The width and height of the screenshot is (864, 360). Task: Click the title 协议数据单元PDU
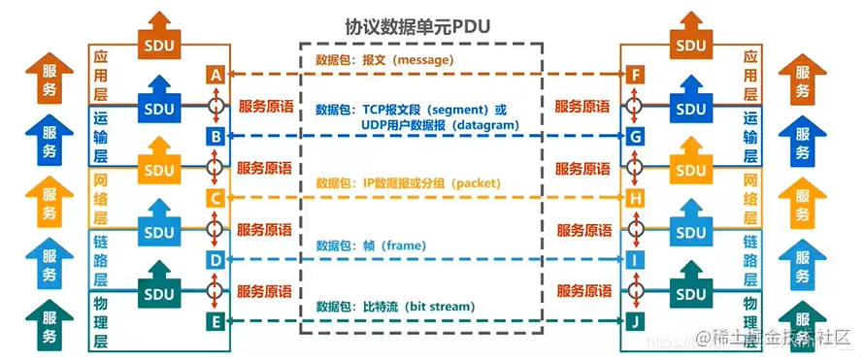416,26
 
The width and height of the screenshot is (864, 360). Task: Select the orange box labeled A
216,75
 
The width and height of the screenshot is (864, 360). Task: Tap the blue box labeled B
216,136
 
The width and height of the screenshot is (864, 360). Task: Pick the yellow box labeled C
216,198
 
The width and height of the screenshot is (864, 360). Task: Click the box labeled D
216,259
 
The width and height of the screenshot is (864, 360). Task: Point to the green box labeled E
216,320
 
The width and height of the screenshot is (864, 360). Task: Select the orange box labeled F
635,75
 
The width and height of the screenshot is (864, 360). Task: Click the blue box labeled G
635,136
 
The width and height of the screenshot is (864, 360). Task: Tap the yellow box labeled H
635,198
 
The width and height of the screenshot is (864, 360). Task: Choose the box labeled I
635,259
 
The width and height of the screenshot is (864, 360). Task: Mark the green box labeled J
635,320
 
